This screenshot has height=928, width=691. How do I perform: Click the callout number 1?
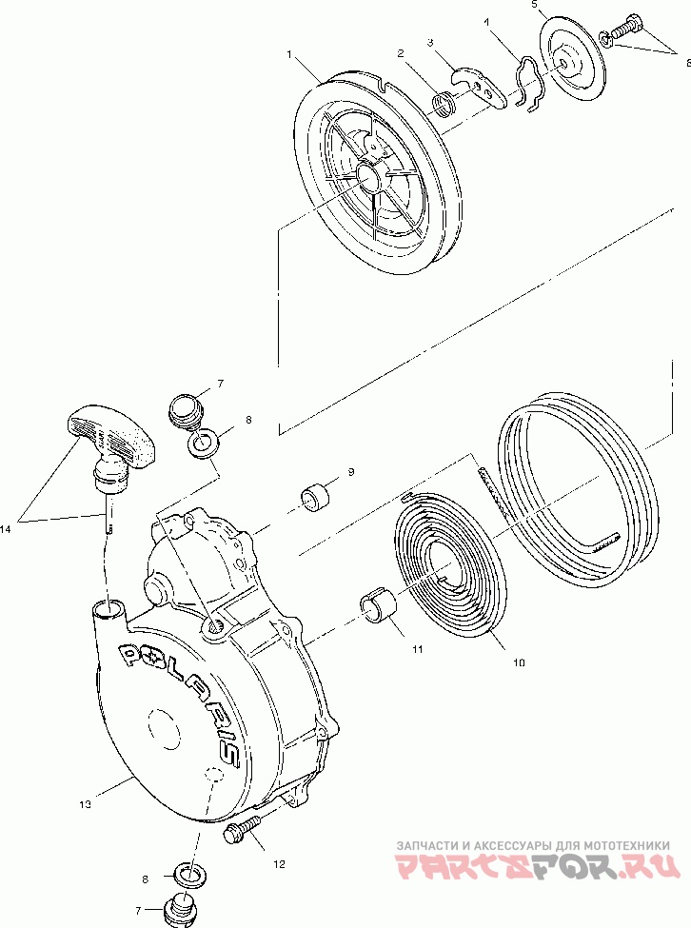coord(288,55)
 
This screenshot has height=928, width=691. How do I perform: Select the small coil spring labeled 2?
coord(444,100)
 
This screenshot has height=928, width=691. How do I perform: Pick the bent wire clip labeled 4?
coord(527,81)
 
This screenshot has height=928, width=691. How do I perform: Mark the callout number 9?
coord(350,472)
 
